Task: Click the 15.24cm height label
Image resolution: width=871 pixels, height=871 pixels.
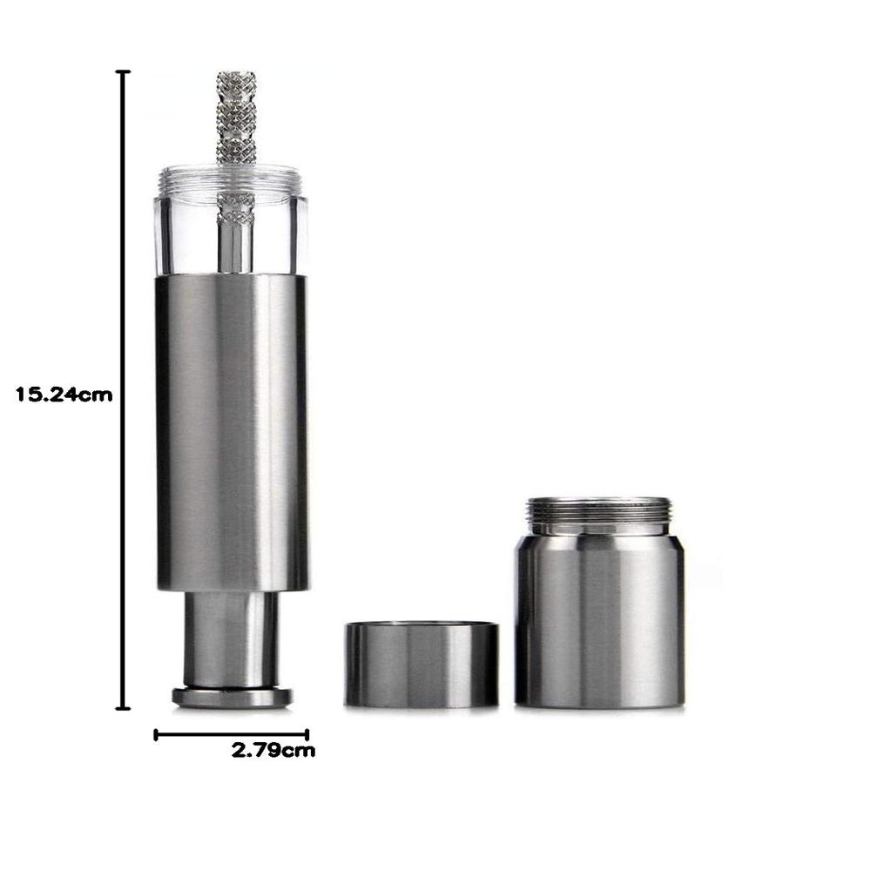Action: coord(64,395)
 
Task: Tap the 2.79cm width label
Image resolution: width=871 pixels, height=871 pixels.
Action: coord(273,751)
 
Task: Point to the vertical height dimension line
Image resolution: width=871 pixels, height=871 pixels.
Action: coord(123,390)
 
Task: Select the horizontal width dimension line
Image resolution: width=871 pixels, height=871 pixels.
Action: coord(231,735)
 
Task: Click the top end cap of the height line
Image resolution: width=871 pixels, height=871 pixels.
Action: coord(123,71)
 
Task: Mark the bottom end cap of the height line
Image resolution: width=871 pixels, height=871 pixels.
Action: coord(123,708)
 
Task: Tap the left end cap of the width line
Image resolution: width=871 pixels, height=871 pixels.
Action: coord(156,735)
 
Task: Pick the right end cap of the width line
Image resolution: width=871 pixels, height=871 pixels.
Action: coord(307,735)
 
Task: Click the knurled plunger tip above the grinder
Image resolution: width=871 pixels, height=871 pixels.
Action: coord(235,118)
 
